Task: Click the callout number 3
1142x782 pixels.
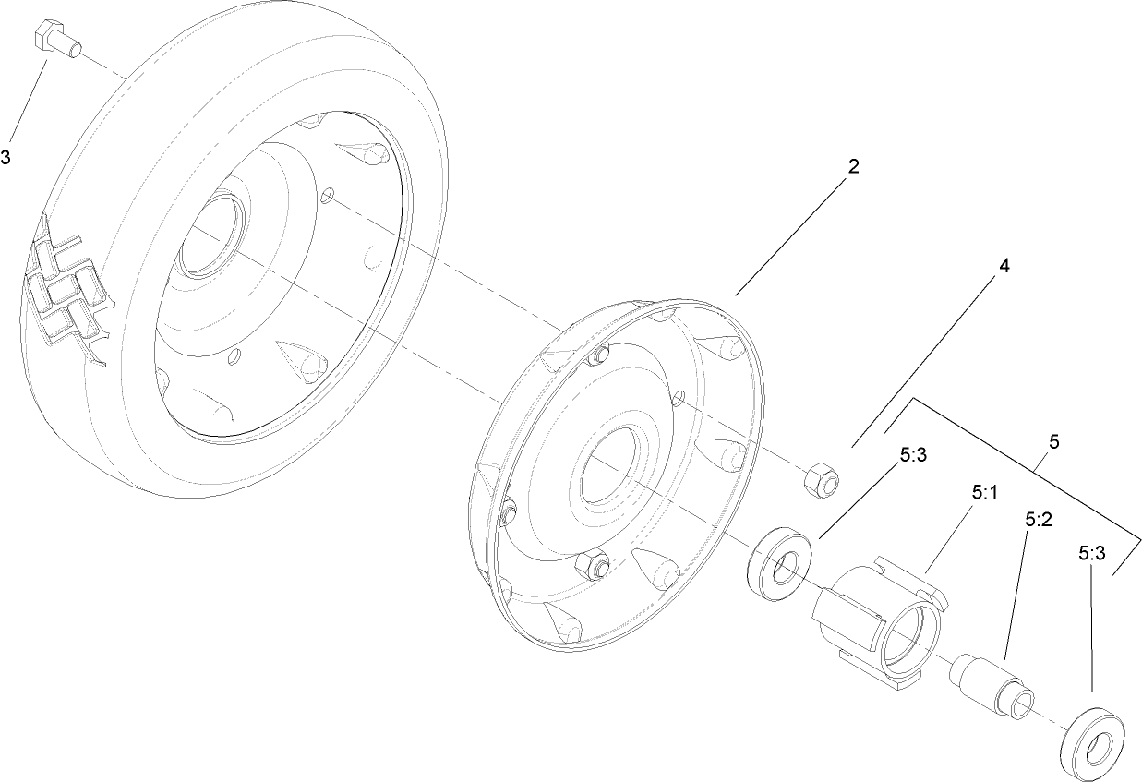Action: tap(6, 158)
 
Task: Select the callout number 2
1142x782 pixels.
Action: tap(853, 167)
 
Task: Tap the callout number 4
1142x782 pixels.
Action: tap(1004, 266)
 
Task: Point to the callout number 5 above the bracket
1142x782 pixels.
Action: tap(1053, 441)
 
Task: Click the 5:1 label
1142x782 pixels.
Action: tap(985, 494)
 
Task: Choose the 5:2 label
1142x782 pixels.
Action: tap(1039, 520)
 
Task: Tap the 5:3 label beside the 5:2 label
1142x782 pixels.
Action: tap(1092, 552)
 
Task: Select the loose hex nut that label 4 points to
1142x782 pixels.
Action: tap(820, 478)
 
